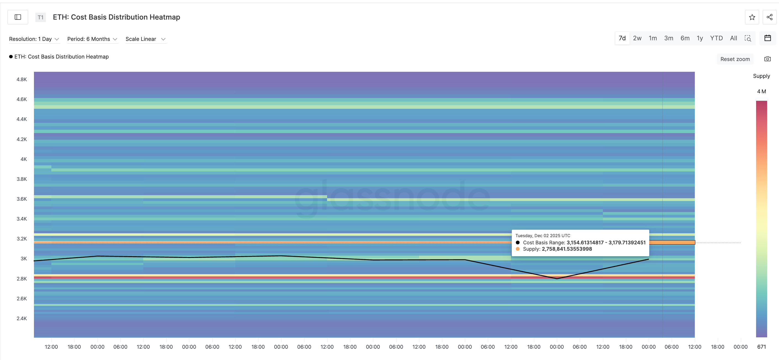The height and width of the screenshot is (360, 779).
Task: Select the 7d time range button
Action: (622, 38)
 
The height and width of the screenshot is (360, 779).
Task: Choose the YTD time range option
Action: (716, 38)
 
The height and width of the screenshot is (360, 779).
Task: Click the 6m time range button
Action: (685, 38)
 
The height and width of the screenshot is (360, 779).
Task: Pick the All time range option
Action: (733, 38)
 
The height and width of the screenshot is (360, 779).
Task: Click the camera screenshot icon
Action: (767, 59)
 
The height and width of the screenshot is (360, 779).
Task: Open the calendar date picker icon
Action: (767, 38)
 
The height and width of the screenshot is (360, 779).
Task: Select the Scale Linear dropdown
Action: (145, 39)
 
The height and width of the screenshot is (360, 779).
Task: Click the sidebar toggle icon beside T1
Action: (18, 17)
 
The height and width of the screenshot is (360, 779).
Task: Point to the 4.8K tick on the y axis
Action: (22, 80)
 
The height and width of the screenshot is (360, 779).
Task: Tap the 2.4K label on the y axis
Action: (22, 319)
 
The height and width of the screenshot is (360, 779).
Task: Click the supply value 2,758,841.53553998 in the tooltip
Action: (567, 249)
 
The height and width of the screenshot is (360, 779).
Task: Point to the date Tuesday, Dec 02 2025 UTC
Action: (542, 236)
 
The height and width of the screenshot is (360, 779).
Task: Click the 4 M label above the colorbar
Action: (761, 91)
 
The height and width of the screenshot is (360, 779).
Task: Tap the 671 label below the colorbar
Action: (761, 347)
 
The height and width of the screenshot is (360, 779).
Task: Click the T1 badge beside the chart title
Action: (41, 17)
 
